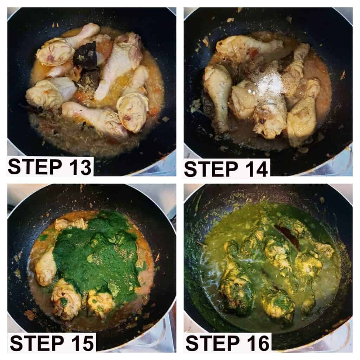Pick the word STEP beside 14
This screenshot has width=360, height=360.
pyautogui.click(x=211, y=169)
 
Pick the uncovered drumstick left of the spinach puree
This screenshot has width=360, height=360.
pyautogui.click(x=46, y=266)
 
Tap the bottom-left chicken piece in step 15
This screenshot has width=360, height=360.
pyautogui.click(x=66, y=298)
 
